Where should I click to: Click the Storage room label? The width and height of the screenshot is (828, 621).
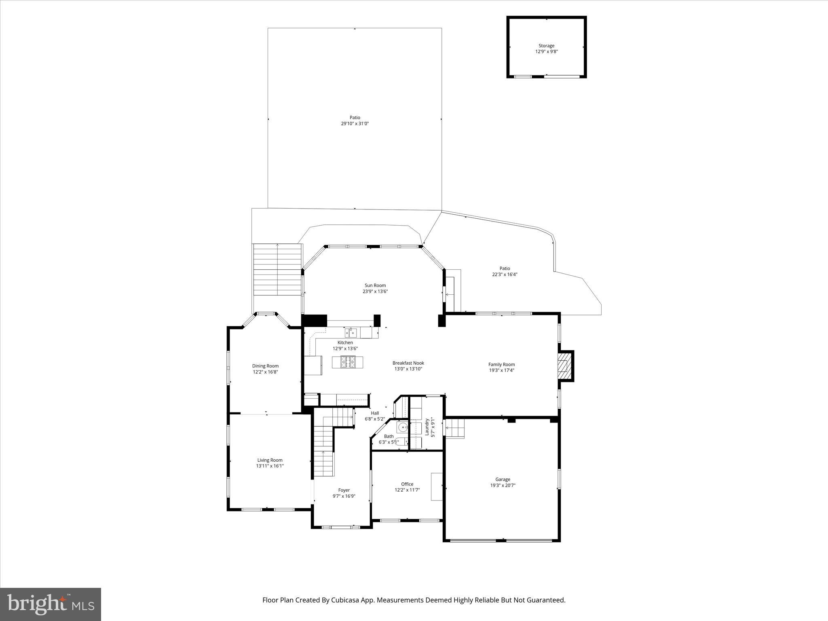546,46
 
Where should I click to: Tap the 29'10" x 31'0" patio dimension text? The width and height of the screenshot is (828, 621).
355,124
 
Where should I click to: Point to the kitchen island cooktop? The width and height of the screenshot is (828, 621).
348,362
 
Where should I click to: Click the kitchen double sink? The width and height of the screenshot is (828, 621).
351,333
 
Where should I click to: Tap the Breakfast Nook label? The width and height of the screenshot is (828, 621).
408,363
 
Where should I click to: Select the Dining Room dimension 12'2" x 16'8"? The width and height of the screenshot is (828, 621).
265,372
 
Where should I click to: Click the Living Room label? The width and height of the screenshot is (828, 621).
270,460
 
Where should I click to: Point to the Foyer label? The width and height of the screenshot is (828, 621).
344,490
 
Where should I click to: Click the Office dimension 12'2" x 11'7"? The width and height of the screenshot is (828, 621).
407,490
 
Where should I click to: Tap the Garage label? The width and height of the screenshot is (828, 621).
503,479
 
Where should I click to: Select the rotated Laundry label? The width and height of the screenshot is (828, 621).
427,427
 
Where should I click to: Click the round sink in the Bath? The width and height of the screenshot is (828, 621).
402,427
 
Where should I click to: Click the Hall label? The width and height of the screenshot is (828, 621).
375,413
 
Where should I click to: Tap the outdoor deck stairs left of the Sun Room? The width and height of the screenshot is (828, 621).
277,269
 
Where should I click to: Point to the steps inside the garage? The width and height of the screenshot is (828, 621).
455,428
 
